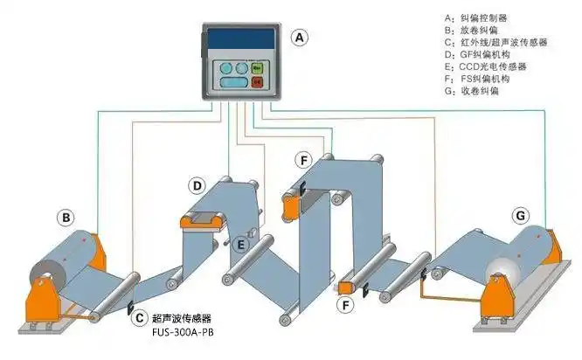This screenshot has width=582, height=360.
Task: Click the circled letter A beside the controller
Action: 300,38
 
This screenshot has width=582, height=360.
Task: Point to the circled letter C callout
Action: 138,320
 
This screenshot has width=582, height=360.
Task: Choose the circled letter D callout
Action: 198,185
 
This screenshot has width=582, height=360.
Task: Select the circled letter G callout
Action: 521,215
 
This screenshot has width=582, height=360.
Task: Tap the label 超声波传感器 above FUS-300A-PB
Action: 182,318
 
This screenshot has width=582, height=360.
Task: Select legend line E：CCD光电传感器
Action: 485,66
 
